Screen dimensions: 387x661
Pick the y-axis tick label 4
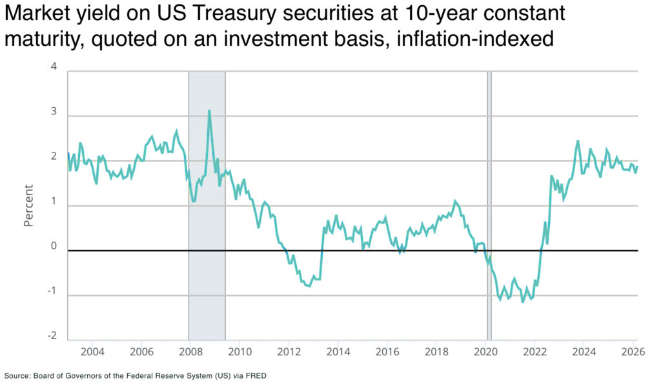point(54,67)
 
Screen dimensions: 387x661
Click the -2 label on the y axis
point(52,337)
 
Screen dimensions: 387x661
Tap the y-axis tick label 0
point(54,246)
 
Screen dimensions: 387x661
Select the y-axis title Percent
point(28,205)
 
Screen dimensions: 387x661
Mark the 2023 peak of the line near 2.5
point(578,141)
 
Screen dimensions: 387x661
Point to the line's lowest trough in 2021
point(523,302)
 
